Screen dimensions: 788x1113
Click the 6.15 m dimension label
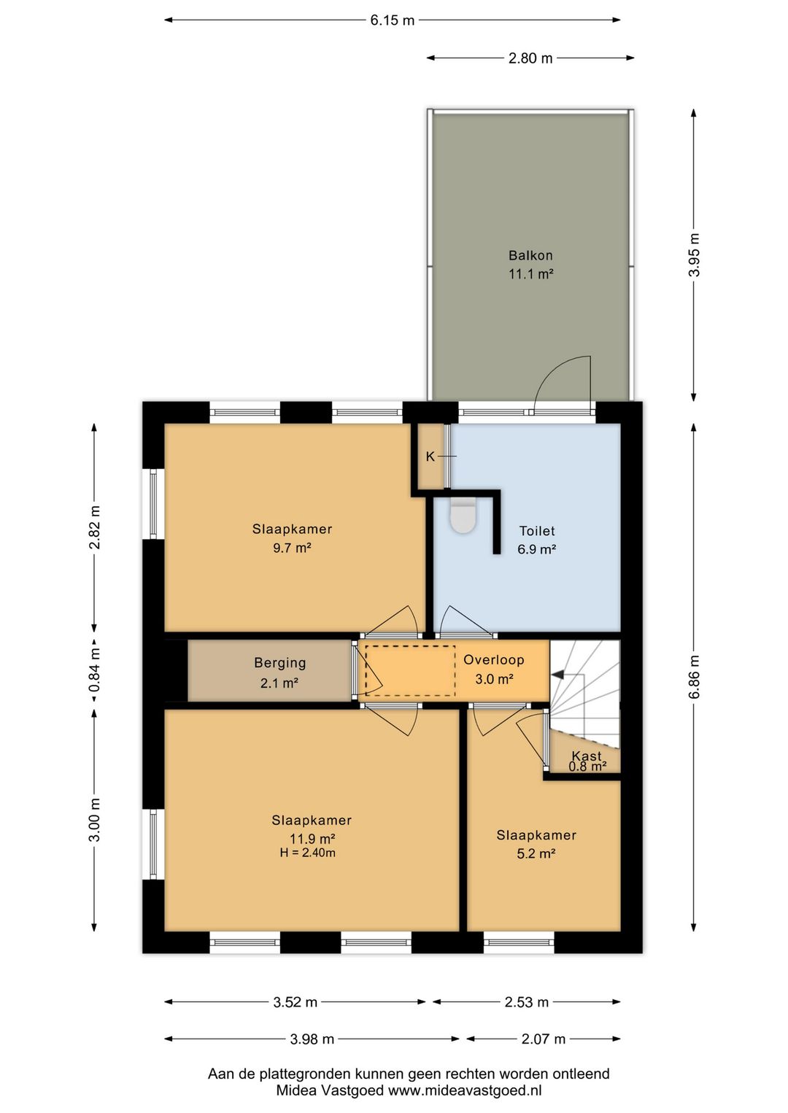[x=392, y=20]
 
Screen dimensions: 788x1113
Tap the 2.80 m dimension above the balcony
[x=530, y=58]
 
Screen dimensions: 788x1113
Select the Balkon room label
[x=530, y=255]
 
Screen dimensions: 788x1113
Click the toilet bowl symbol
[x=463, y=516]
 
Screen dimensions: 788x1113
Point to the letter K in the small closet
[x=430, y=456]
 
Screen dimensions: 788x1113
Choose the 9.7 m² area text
[x=292, y=548]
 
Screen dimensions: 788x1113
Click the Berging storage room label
[x=280, y=663]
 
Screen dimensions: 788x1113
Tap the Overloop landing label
[x=494, y=660]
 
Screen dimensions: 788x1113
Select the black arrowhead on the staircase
[x=558, y=674]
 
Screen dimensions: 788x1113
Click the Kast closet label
[x=587, y=756]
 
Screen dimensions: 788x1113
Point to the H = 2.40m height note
[x=307, y=853]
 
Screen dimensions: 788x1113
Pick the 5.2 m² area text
[x=536, y=853]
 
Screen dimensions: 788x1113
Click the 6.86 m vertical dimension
[x=694, y=678]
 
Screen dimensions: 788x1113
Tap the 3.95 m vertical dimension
[x=694, y=255]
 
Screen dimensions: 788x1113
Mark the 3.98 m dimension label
[x=312, y=1039]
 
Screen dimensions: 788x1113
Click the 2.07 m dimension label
[x=544, y=1039]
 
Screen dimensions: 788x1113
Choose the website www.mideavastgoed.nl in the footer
[x=464, y=1091]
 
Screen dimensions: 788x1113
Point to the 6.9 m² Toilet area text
[x=536, y=549]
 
